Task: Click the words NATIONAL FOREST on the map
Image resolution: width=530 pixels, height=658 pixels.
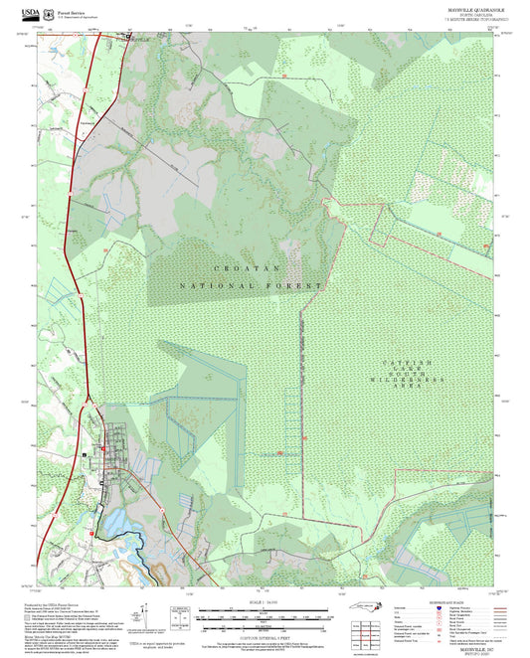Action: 252,285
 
